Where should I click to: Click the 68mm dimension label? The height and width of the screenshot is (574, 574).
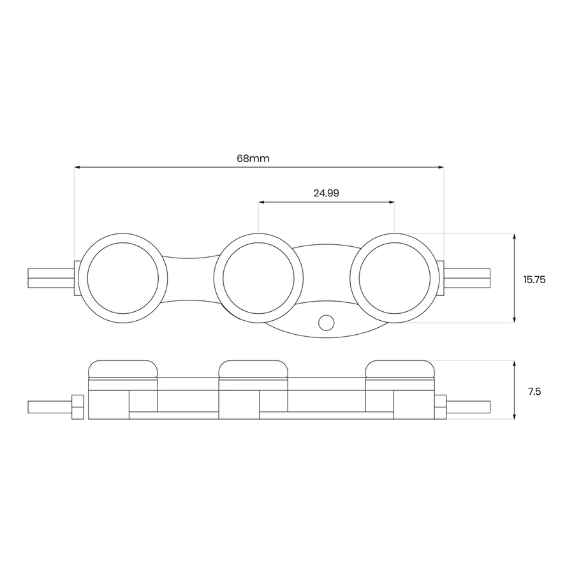click(x=253, y=159)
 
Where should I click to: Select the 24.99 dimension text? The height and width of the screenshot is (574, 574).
click(x=326, y=193)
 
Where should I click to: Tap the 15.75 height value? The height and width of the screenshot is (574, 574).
click(x=534, y=280)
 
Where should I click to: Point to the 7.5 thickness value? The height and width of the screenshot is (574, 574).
click(x=534, y=392)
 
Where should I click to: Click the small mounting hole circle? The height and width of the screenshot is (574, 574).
click(x=326, y=323)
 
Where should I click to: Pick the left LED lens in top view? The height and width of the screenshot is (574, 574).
click(x=123, y=278)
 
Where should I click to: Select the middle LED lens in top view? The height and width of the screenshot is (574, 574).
click(x=258, y=278)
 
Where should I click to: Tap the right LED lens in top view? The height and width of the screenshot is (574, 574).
click(x=395, y=278)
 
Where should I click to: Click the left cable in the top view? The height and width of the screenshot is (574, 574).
click(x=51, y=278)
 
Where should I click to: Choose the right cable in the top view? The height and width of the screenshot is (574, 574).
click(x=467, y=278)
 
